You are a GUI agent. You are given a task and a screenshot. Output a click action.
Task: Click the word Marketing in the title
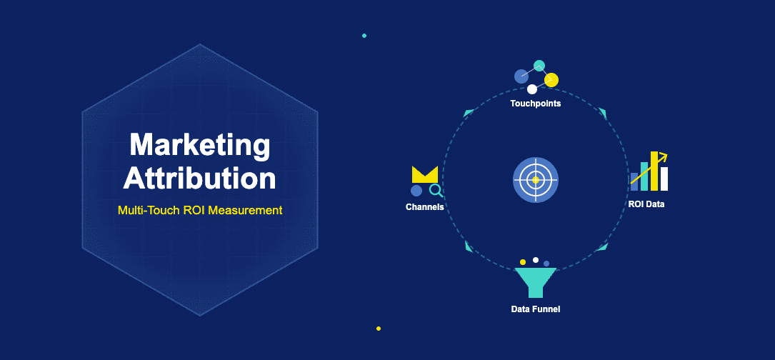click(199, 146)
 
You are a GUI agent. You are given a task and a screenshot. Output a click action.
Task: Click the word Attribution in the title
click(199, 178)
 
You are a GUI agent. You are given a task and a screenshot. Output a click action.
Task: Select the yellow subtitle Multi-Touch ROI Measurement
click(199, 211)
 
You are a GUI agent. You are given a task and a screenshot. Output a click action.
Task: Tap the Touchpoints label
click(535, 104)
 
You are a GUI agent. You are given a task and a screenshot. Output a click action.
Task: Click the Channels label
click(424, 207)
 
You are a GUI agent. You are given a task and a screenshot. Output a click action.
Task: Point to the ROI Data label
click(646, 204)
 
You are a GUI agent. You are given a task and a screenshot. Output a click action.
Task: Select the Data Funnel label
click(535, 309)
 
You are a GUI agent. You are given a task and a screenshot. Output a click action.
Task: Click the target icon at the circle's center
click(535, 179)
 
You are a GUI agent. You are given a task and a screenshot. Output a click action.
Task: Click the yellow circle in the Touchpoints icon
click(551, 80)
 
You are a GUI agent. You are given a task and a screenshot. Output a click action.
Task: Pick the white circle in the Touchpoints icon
click(531, 89)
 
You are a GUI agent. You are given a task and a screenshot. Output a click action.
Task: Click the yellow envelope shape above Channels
click(424, 175)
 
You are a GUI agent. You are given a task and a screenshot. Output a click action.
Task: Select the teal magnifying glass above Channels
click(435, 191)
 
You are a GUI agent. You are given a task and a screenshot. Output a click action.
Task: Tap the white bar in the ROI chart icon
click(664, 179)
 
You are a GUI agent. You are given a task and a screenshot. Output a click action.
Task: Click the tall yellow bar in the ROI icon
click(654, 171)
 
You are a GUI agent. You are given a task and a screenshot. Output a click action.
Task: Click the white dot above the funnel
click(535, 260)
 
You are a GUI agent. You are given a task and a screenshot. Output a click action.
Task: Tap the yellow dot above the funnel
click(523, 262)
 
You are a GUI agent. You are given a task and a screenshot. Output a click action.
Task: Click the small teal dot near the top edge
click(364, 35)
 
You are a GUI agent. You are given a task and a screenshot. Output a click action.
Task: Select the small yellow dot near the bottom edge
click(379, 329)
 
